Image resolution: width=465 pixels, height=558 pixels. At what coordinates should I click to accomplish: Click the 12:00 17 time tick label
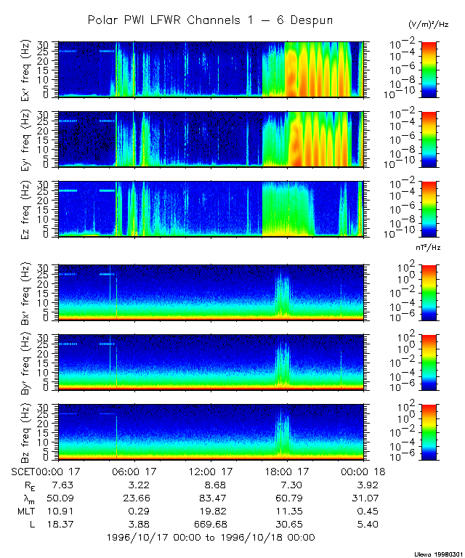[x=210, y=471]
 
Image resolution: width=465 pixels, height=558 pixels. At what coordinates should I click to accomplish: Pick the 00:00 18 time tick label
[x=363, y=471]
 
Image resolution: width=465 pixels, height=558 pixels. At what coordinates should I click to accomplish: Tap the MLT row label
[x=25, y=511]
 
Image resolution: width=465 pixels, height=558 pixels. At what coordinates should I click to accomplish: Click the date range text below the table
[x=210, y=538]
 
